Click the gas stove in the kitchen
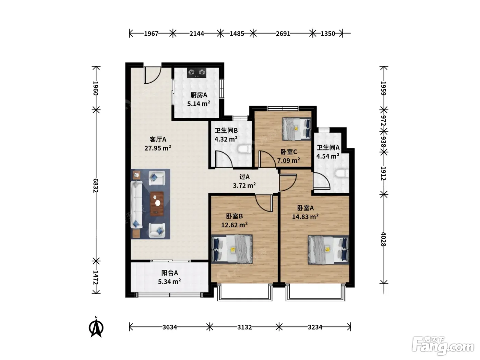click(x=196, y=73)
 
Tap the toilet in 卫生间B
click(x=245, y=149)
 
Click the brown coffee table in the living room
click(x=157, y=203)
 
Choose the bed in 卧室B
click(x=232, y=249)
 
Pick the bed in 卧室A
click(x=328, y=250)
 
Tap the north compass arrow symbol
click(x=96, y=327)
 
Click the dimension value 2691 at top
click(x=283, y=34)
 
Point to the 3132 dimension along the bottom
click(x=244, y=327)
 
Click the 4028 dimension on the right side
click(x=383, y=239)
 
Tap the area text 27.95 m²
click(x=158, y=148)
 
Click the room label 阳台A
click(x=169, y=273)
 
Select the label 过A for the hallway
click(x=244, y=177)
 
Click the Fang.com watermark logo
click(x=443, y=346)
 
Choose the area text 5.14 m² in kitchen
click(x=199, y=104)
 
